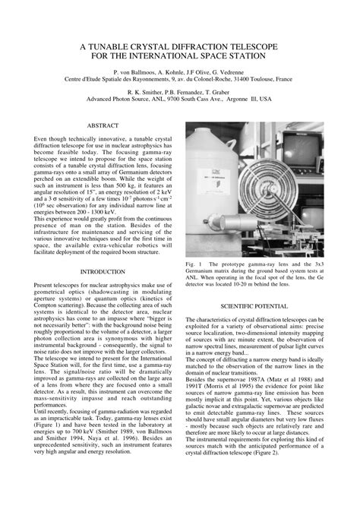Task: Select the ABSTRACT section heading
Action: pyautogui.click(x=103, y=124)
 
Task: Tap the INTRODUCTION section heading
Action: pyautogui.click(x=103, y=271)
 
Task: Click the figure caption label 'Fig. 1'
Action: pyautogui.click(x=194, y=265)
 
